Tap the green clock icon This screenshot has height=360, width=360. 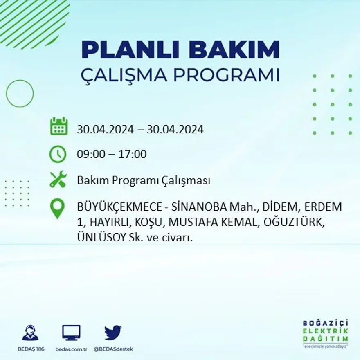click(x=58, y=154)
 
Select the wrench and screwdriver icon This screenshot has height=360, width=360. click(x=58, y=180)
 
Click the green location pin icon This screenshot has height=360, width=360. click(x=58, y=208)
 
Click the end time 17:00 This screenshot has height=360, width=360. click(x=133, y=155)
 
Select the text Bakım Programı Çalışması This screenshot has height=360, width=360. click(x=144, y=181)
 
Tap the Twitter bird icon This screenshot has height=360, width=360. click(x=113, y=333)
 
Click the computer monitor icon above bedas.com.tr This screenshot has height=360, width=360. click(x=71, y=333)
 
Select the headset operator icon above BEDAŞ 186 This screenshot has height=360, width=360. click(x=30, y=333)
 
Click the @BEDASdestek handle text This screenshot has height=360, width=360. click(x=113, y=349)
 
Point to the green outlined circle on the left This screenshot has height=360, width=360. click(x=20, y=94)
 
